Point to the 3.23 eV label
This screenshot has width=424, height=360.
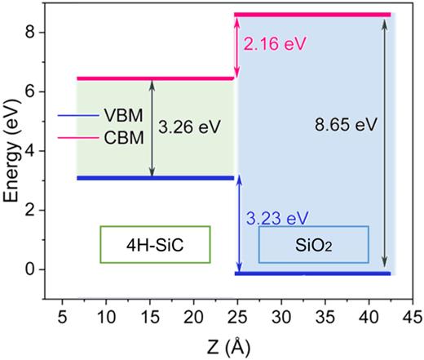pyautogui.click(x=277, y=219)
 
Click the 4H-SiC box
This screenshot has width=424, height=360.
pyautogui.click(x=155, y=244)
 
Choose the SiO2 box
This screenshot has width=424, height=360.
pyautogui.click(x=313, y=244)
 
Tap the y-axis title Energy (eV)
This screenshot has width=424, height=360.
pyautogui.click(x=13, y=152)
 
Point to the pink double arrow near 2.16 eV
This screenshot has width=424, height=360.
pyautogui.click(x=237, y=47)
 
